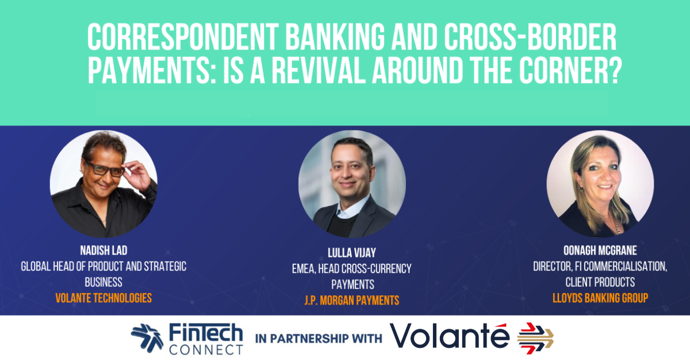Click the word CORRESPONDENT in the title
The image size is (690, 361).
click(x=183, y=37)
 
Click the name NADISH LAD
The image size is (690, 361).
click(x=103, y=250)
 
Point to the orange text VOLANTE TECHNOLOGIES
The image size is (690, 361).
click(x=103, y=298)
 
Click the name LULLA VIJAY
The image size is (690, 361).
click(x=352, y=253)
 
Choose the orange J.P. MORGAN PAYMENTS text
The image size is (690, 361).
click(x=352, y=301)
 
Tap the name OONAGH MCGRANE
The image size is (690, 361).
click(x=600, y=250)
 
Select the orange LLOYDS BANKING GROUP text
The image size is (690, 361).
click(x=600, y=298)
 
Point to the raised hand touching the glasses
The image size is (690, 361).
click(x=137, y=174)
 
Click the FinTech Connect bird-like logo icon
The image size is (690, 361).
click(x=147, y=338)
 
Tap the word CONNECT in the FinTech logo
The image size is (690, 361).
click(x=206, y=350)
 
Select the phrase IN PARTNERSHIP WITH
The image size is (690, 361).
click(x=319, y=339)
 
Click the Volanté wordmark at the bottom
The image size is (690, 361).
click(x=450, y=335)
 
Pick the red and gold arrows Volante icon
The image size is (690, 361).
click(x=535, y=338)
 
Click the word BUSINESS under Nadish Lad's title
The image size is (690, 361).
click(x=103, y=282)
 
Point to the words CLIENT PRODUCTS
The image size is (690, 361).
click(x=600, y=282)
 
